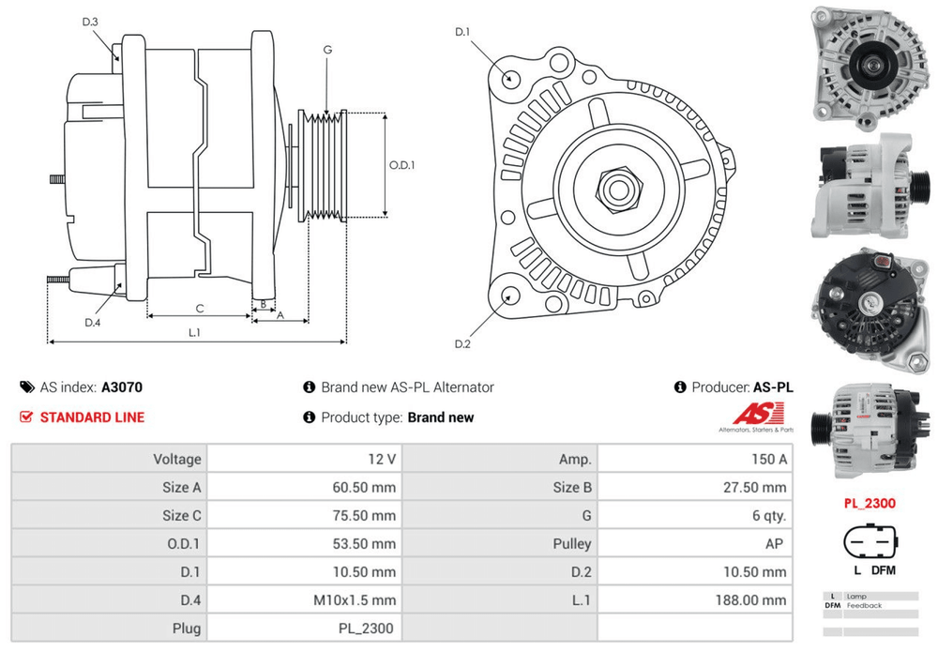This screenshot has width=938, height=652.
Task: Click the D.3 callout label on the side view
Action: tap(90, 22)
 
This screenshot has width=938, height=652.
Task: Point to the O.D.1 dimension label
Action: tap(401, 165)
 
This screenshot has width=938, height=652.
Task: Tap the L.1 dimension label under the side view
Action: tap(195, 332)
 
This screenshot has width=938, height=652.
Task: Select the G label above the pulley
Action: tap(327, 50)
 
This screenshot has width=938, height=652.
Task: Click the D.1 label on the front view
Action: tap(462, 33)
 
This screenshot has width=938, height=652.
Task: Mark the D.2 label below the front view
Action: tap(462, 344)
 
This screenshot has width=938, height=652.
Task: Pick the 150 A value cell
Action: tap(769, 459)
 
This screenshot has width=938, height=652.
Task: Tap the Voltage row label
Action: tap(177, 459)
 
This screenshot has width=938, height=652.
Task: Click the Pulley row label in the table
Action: tap(572, 543)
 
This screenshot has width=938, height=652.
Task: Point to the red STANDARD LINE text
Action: tap(92, 417)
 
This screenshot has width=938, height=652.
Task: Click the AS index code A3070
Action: tap(122, 387)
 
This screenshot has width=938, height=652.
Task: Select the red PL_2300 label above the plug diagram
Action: tap(869, 503)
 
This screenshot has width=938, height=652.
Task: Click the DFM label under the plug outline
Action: tap(882, 570)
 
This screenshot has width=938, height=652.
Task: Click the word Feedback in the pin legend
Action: tap(864, 605)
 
